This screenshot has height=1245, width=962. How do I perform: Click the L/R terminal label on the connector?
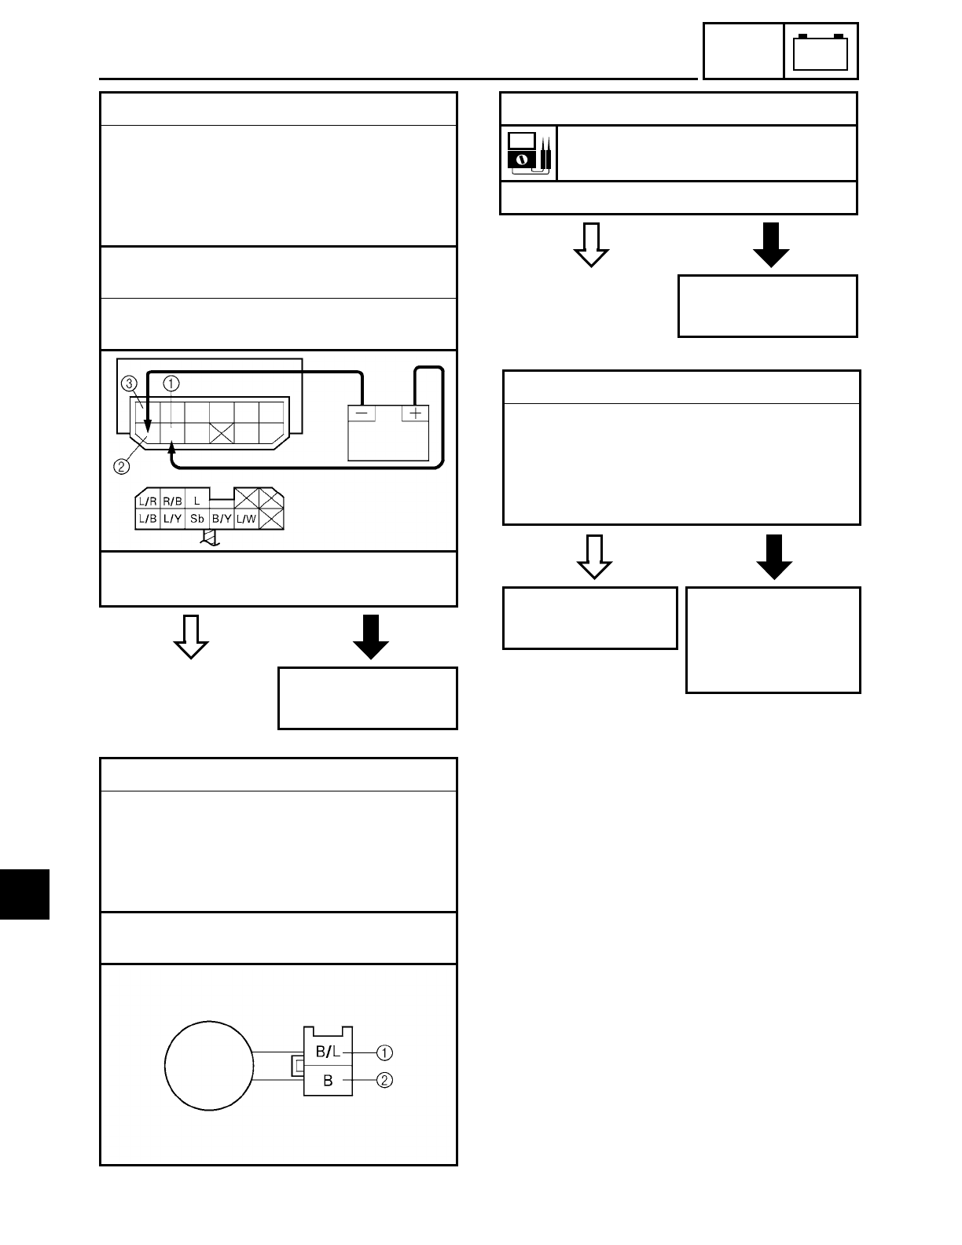pyautogui.click(x=147, y=500)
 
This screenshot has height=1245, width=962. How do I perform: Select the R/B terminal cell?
pyautogui.click(x=172, y=500)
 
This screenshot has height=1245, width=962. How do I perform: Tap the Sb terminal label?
pyautogui.click(x=197, y=519)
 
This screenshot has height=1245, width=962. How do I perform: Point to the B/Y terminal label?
pyautogui.click(x=222, y=519)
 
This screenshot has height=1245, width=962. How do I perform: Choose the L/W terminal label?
pyautogui.click(x=246, y=519)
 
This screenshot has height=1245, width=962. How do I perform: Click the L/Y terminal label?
pyautogui.click(x=172, y=519)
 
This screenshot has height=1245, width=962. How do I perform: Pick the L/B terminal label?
pyautogui.click(x=147, y=519)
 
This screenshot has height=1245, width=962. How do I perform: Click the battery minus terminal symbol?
pyautogui.click(x=362, y=413)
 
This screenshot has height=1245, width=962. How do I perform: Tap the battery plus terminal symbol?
pyautogui.click(x=415, y=413)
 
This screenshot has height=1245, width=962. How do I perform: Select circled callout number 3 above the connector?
pyautogui.click(x=130, y=384)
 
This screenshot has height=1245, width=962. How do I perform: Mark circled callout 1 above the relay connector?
pyautogui.click(x=171, y=384)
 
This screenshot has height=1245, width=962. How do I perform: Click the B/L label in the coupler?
pyautogui.click(x=328, y=1052)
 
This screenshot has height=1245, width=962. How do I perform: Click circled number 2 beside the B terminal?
pyautogui.click(x=384, y=1080)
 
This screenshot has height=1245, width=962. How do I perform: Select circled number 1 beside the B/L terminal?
pyautogui.click(x=384, y=1052)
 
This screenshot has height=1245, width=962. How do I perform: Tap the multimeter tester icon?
pyautogui.click(x=528, y=152)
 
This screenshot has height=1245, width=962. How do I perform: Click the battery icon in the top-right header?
pyautogui.click(x=821, y=52)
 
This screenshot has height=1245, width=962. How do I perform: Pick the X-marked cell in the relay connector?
pyautogui.click(x=222, y=432)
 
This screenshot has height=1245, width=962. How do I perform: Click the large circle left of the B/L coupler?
pyautogui.click(x=209, y=1067)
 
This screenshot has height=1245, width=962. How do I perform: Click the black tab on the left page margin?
pyautogui.click(x=24, y=894)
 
